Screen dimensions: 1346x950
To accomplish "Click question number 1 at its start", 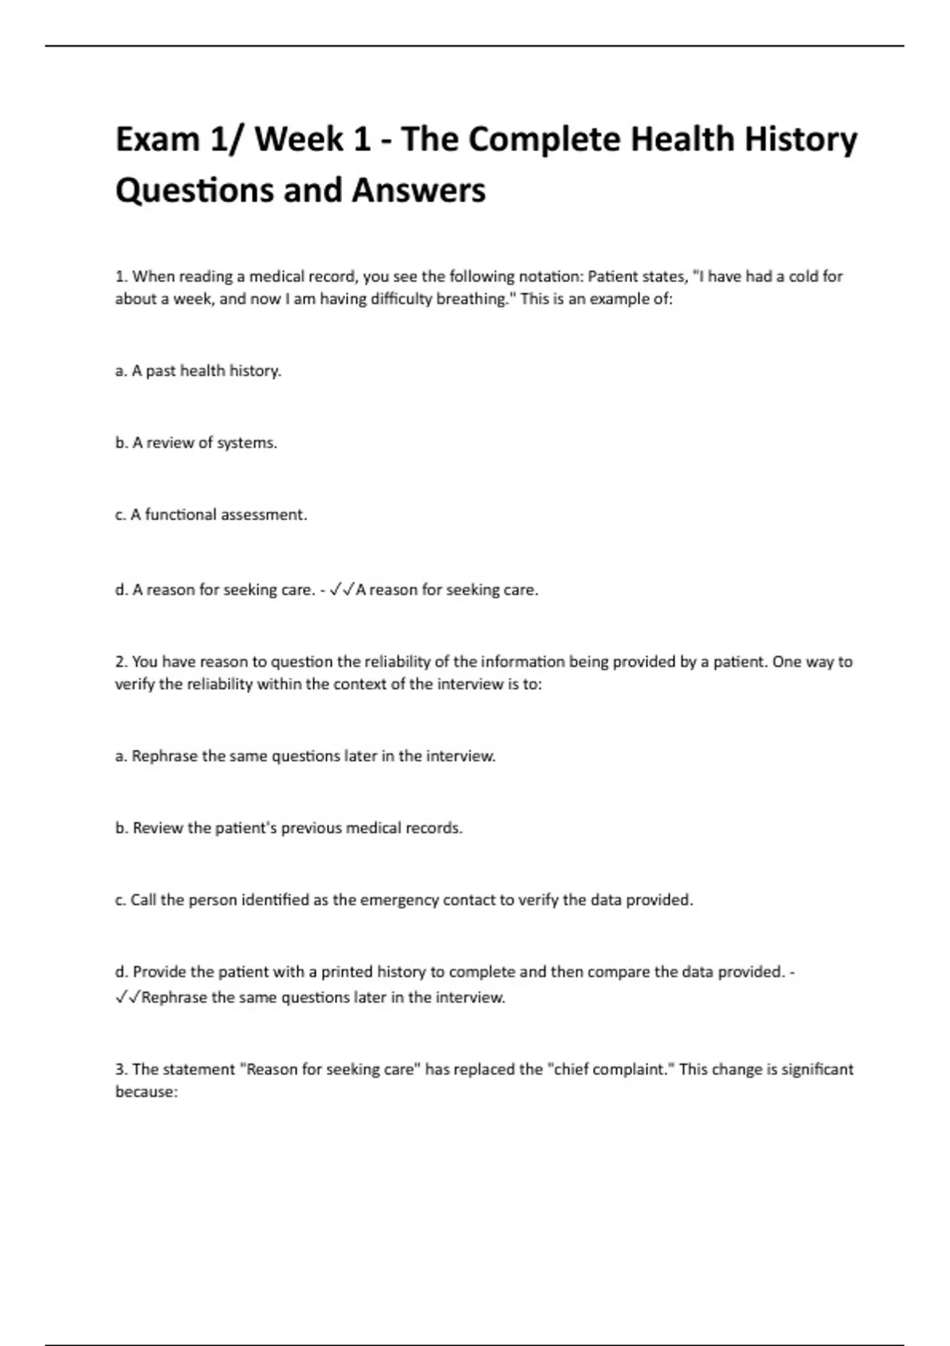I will pyautogui.click(x=121, y=276).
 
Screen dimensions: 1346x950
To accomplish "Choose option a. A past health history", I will pyautogui.click(x=198, y=371).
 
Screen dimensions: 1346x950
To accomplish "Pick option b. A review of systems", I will pyautogui.click(x=196, y=443).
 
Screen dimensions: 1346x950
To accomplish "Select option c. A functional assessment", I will pyautogui.click(x=211, y=515).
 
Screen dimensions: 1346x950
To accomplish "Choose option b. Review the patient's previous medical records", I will pyautogui.click(x=289, y=828).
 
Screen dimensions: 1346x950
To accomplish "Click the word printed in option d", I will pyautogui.click(x=347, y=971).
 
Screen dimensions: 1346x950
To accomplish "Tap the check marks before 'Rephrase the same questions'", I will pyautogui.click(x=127, y=998).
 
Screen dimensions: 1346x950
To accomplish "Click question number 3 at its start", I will pyautogui.click(x=121, y=1070).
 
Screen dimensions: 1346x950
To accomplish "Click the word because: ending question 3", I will pyautogui.click(x=146, y=1092).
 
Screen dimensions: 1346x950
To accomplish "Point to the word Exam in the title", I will pyautogui.click(x=157, y=140).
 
